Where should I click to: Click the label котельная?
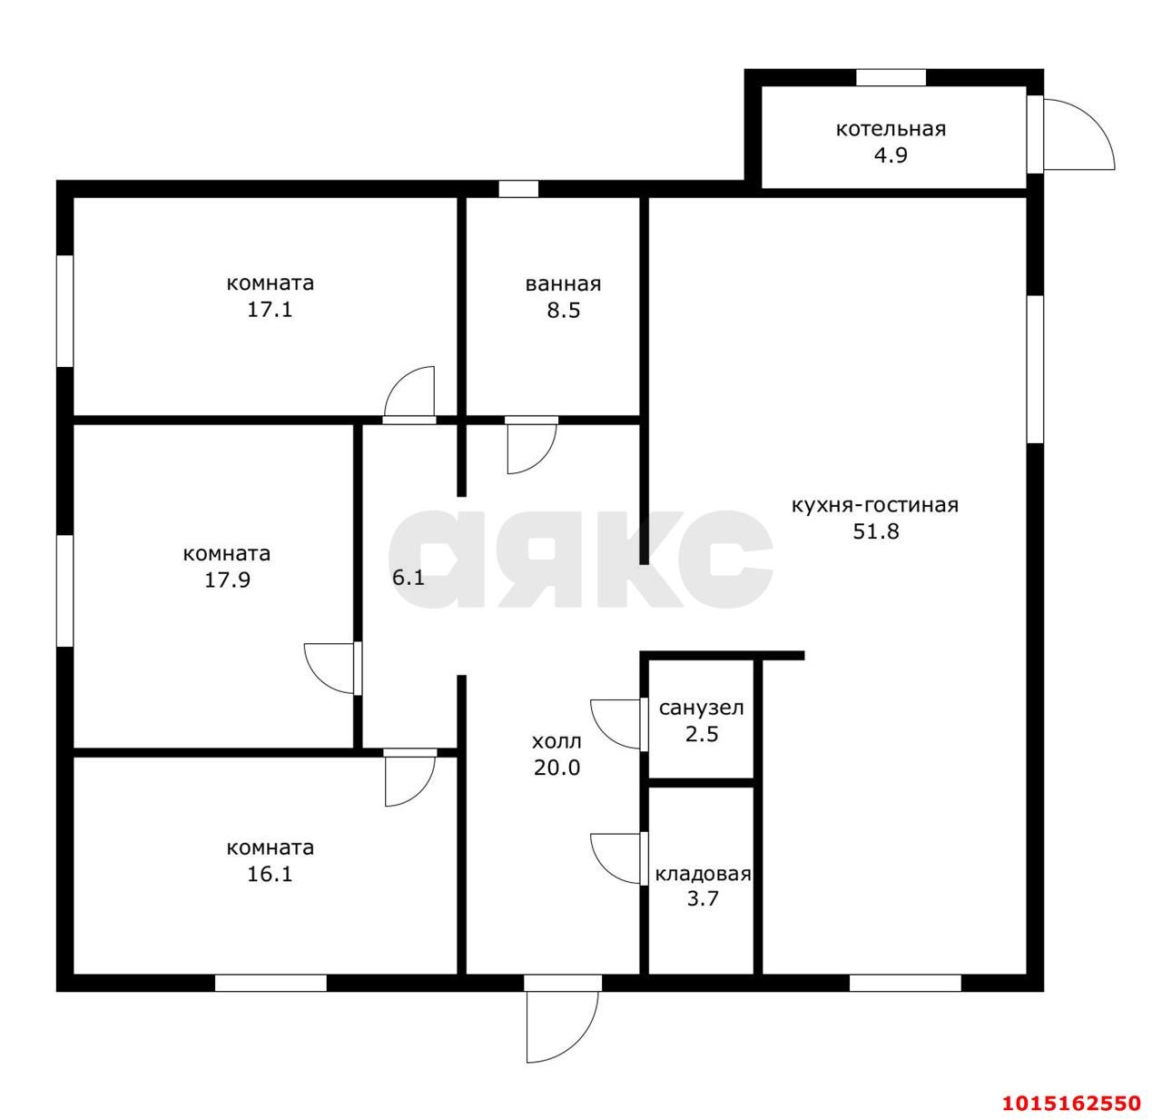(x=891, y=129)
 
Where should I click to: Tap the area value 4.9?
(x=891, y=155)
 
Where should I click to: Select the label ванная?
(x=563, y=283)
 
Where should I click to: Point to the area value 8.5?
(x=563, y=311)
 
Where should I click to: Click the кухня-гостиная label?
(x=875, y=505)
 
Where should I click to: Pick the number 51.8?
(x=875, y=531)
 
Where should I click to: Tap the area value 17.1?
(x=270, y=310)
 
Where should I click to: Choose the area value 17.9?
(x=227, y=580)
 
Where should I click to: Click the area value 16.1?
(x=270, y=875)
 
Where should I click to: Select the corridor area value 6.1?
(x=409, y=578)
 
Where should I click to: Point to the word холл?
(x=556, y=742)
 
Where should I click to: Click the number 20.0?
(x=556, y=768)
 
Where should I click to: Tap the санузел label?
(x=702, y=709)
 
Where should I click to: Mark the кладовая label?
(x=703, y=875)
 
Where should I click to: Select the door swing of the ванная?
(x=531, y=445)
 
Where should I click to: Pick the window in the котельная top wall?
(x=891, y=77)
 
